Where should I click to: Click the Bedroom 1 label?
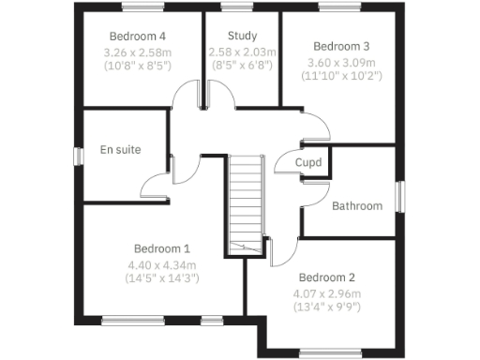(x=161, y=248)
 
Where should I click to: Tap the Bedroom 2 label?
(x=326, y=277)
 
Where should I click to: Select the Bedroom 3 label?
(x=341, y=46)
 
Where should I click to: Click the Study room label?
(x=242, y=37)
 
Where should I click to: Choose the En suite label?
(x=120, y=150)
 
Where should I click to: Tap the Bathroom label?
(x=357, y=206)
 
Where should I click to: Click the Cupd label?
(x=308, y=163)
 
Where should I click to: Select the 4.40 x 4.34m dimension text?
(x=161, y=264)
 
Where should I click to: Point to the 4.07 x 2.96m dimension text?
(x=326, y=293)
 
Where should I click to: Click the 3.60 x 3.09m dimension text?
(x=341, y=63)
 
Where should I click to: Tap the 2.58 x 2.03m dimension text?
(x=242, y=52)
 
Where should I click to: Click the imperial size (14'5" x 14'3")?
(x=161, y=278)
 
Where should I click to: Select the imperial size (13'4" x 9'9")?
(x=326, y=307)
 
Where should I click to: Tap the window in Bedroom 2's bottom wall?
(x=328, y=353)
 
